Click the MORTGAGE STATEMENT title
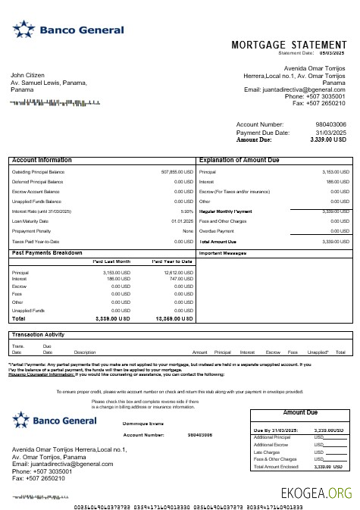[x=287, y=45]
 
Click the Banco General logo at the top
[x=68, y=30]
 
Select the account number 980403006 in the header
[x=330, y=124]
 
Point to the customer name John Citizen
[x=28, y=76]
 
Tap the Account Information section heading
[x=42, y=161]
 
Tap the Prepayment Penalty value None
[x=188, y=231]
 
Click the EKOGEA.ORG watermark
[x=315, y=493]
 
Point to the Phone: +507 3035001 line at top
[x=315, y=96]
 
